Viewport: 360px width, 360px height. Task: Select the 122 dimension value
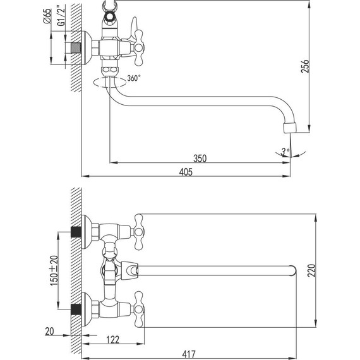112,340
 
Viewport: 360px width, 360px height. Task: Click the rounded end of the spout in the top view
291,272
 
